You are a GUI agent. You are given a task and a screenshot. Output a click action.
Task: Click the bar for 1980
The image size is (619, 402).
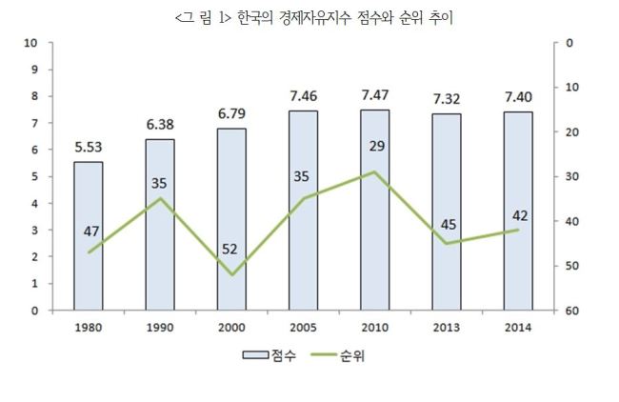point(89,235)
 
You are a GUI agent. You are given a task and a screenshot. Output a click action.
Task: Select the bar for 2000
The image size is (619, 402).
point(231,219)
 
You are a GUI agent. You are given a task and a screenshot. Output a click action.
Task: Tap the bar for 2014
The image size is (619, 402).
point(518,211)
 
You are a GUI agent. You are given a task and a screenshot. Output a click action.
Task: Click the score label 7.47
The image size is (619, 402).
point(375,95)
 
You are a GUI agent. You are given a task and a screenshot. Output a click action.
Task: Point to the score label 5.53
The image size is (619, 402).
point(89,148)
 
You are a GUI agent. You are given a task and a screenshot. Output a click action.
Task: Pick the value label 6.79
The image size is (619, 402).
point(231,113)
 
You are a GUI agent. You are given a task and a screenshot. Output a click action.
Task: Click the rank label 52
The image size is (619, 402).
point(230,250)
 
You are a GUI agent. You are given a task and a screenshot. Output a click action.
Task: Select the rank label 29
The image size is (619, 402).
point(377,146)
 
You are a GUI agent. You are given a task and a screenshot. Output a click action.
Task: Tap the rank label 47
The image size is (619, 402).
point(91,231)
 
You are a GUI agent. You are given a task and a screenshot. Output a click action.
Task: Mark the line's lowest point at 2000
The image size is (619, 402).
point(232,274)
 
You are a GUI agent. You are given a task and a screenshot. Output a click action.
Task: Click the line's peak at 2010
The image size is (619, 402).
point(375,171)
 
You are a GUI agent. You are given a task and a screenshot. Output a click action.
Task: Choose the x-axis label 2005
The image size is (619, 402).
point(303,328)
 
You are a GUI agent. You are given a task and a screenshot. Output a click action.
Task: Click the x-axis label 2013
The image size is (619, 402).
point(447,328)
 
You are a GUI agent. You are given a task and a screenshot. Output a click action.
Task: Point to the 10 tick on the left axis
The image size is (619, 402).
point(30,43)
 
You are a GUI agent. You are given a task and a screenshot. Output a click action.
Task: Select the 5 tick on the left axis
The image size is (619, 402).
point(34,176)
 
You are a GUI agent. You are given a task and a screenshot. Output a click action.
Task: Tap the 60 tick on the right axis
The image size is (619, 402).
point(571,311)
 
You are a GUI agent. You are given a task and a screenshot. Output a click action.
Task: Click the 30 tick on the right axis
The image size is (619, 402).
point(571,176)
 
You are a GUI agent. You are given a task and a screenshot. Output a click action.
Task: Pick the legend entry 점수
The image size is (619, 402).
point(270,355)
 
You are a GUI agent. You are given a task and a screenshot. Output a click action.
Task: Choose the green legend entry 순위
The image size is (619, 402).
point(337,355)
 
